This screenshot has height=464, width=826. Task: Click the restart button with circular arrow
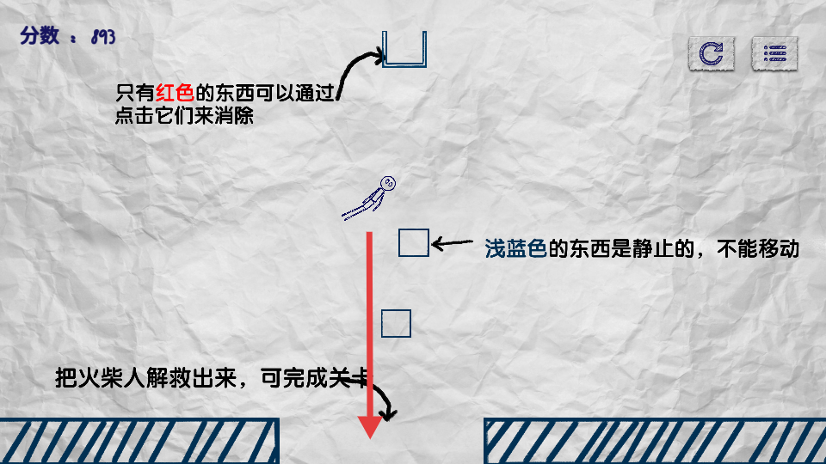pos(711,54)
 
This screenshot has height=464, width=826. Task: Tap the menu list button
pos(775,54)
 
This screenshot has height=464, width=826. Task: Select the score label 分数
pos(40,36)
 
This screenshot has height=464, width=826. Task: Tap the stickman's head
pos(389,183)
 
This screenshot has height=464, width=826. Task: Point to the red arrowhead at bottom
pos(370,425)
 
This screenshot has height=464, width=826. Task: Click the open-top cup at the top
pos(404,49)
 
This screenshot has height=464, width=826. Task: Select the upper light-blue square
pos(413,243)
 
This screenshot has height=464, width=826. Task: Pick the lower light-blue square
pos(396,323)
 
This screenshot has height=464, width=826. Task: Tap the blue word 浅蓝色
pos(515,249)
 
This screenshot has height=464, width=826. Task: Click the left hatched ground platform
pos(138,441)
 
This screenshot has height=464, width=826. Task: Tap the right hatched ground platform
pos(654,441)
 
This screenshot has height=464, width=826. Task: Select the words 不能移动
pos(761,249)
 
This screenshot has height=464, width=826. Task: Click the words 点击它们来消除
pos(184,115)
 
